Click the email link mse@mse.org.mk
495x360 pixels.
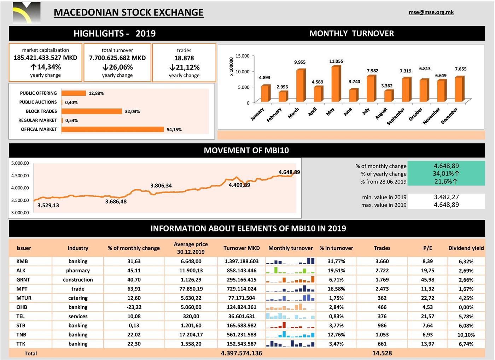pyautogui.click(x=431, y=12)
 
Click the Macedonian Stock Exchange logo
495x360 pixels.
pyautogui.click(x=26, y=13)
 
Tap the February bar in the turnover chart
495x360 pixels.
pyautogui.click(x=283, y=97)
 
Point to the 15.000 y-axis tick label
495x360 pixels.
pyautogui.click(x=243, y=56)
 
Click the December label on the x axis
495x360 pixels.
pyautogui.click(x=449, y=116)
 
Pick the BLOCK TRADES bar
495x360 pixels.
pyautogui.click(x=92, y=111)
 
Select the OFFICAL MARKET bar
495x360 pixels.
pyautogui.click(x=112, y=129)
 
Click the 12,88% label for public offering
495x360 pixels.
pyautogui.click(x=96, y=93)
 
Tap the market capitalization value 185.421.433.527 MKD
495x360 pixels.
pyautogui.click(x=45, y=58)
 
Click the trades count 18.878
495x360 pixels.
pyautogui.click(x=184, y=58)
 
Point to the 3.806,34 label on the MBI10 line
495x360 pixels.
pyautogui.click(x=161, y=185)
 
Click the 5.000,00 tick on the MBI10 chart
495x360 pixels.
pyautogui.click(x=20, y=163)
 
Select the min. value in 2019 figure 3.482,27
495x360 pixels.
pyautogui.click(x=446, y=197)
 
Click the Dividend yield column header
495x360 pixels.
pyautogui.click(x=466, y=248)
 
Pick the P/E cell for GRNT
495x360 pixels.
pyautogui.click(x=427, y=280)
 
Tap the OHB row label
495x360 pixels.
pyautogui.click(x=22, y=307)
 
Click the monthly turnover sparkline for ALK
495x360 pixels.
pyautogui.click(x=290, y=271)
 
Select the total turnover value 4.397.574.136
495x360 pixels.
pyautogui.click(x=241, y=353)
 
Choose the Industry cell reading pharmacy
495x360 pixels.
pyautogui.click(x=78, y=271)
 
